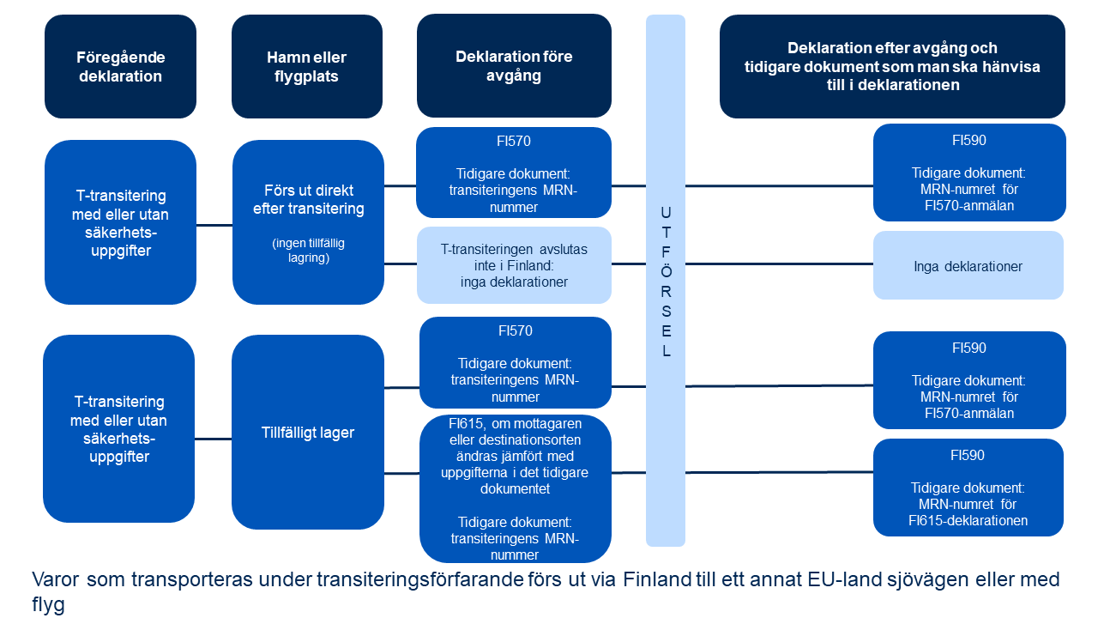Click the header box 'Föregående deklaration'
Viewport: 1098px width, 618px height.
point(120,66)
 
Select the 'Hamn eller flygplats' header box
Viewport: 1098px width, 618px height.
point(307,66)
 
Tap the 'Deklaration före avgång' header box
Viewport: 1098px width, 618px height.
point(514,65)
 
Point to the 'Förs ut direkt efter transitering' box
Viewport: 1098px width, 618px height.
point(308,221)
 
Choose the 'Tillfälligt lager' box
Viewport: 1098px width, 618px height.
point(307,432)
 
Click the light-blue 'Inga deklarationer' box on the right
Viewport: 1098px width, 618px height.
point(968,266)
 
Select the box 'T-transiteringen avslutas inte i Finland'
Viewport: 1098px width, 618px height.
point(514,265)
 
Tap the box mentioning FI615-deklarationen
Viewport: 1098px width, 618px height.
point(968,488)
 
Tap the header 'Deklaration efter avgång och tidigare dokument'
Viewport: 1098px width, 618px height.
point(892,67)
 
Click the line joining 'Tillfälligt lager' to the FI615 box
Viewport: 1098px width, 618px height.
point(401,473)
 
